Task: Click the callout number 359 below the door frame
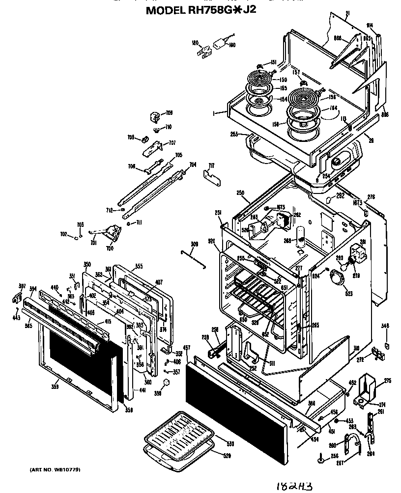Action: coord(55,388)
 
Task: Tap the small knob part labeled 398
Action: coord(166,383)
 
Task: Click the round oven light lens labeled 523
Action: coord(337,278)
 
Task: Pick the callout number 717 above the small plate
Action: coord(211,165)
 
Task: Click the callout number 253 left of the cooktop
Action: coord(234,134)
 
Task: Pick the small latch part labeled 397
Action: coord(16,298)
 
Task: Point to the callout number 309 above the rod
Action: coord(194,244)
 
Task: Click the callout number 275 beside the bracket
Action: coord(387,381)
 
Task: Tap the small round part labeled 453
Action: coord(336,421)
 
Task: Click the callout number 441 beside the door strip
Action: coord(143,390)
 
